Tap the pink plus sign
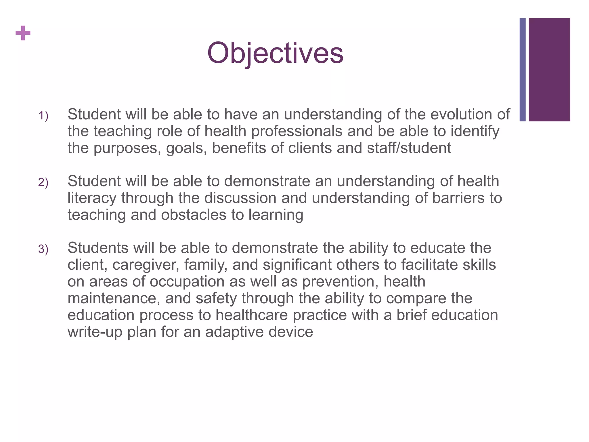pyautogui.click(x=23, y=33)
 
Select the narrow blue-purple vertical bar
pyautogui.click(x=523, y=70)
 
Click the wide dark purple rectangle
pyautogui.click(x=549, y=70)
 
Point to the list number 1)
pyautogui.click(x=43, y=116)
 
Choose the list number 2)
pyautogui.click(x=43, y=182)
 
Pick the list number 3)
pyautogui.click(x=43, y=249)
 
